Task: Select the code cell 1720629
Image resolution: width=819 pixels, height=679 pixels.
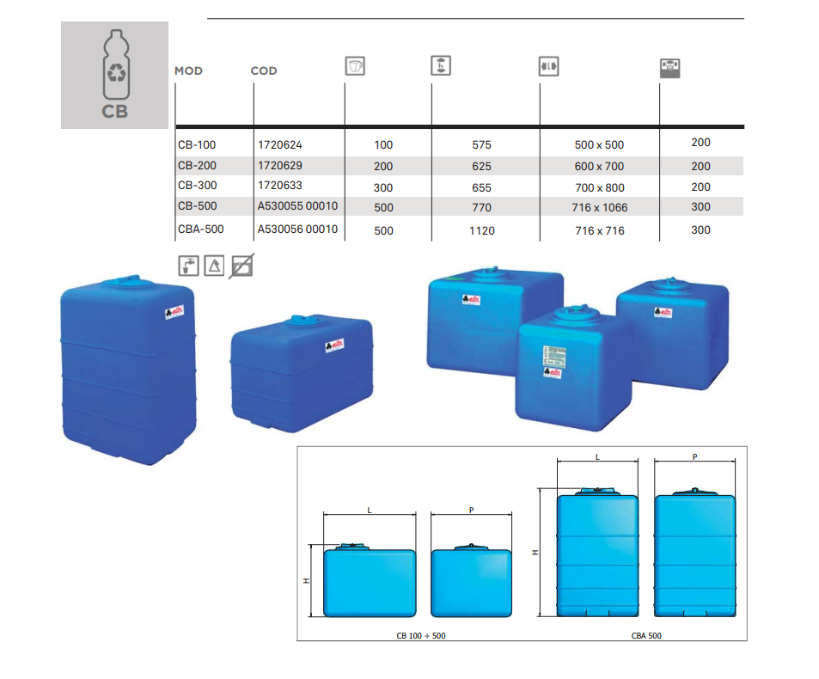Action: point(280,165)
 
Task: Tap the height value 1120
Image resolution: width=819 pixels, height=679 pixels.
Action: point(481,230)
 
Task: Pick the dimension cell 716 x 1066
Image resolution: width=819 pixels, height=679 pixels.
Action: point(599,208)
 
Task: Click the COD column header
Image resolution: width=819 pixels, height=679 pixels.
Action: point(264,70)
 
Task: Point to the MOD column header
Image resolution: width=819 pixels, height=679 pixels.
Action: point(188,70)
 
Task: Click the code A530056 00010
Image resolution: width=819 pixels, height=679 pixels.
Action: point(297,229)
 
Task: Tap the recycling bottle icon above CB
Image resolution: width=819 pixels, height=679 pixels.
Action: point(115,67)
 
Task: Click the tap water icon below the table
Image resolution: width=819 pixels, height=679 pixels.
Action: point(188,266)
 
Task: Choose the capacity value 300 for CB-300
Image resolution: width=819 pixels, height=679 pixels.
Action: point(383,187)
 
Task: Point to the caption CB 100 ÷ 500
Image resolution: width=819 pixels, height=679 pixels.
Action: point(421,635)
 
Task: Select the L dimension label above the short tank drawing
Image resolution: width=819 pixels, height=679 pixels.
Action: point(369,511)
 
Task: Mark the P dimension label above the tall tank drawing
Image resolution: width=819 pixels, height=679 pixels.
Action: point(694,457)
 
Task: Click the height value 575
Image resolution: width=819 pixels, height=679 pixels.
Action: point(481,145)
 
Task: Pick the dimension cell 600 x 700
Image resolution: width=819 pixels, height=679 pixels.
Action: point(599,166)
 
